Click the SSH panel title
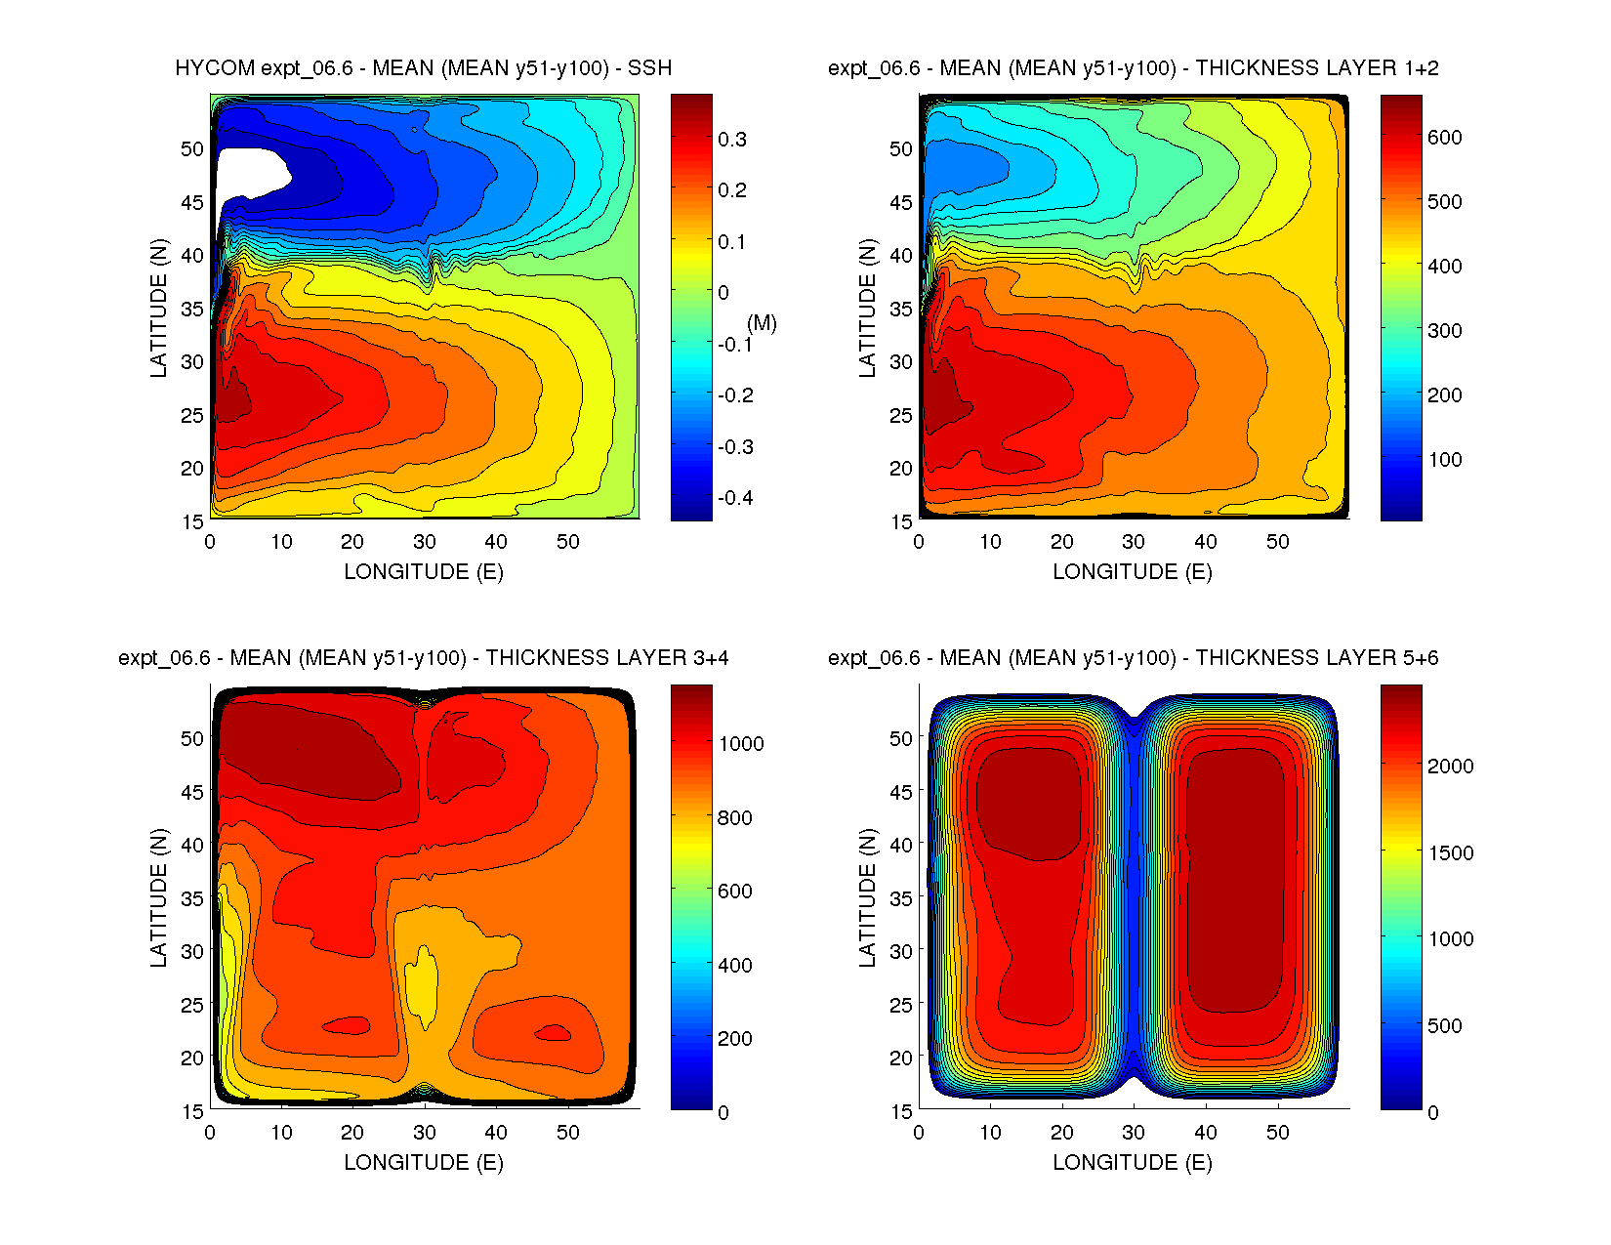click(423, 68)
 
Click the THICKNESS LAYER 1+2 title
click(1133, 68)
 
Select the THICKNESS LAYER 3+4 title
click(423, 658)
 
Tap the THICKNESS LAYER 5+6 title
click(1133, 658)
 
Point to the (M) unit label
click(762, 323)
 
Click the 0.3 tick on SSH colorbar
click(732, 140)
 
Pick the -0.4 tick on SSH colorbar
click(735, 498)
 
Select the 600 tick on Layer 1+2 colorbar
click(1444, 138)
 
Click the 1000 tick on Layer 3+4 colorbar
click(741, 744)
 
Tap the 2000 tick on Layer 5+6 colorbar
click(1450, 767)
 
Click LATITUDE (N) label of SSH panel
click(159, 308)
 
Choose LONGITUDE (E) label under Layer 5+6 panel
click(1133, 1162)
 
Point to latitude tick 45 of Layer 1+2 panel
click(901, 203)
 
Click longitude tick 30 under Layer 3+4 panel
click(424, 1133)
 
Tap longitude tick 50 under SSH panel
click(567, 542)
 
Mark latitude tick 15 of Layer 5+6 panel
click(901, 1111)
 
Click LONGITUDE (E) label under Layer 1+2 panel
click(1133, 572)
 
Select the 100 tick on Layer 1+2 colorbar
click(1444, 460)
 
